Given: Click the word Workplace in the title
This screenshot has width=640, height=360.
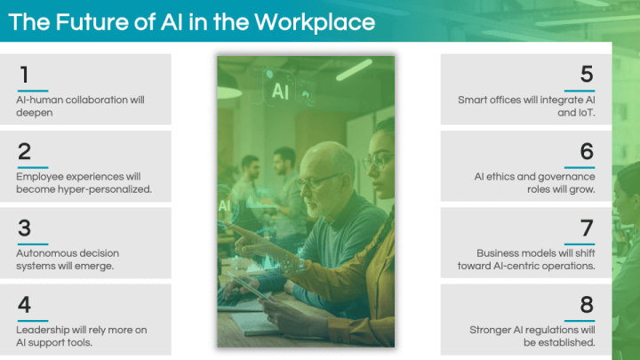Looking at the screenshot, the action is coord(315,22).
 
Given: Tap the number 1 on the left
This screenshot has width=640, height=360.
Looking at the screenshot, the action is coord(24,75).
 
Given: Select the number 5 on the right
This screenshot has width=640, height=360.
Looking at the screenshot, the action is coord(587,75).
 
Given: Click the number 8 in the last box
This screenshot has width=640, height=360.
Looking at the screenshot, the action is coord(587,305).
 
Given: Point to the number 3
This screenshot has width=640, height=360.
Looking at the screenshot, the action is coord(24,228).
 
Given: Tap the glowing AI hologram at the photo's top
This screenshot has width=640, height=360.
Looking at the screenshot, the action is coord(280,91).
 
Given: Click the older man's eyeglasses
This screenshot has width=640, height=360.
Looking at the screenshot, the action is coord(317,181).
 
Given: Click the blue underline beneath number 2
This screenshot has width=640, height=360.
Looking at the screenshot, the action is coord(33,167).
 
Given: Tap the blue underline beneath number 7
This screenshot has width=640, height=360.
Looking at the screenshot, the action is coord(580,244).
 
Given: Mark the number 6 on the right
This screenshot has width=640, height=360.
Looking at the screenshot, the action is coord(587,151).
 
